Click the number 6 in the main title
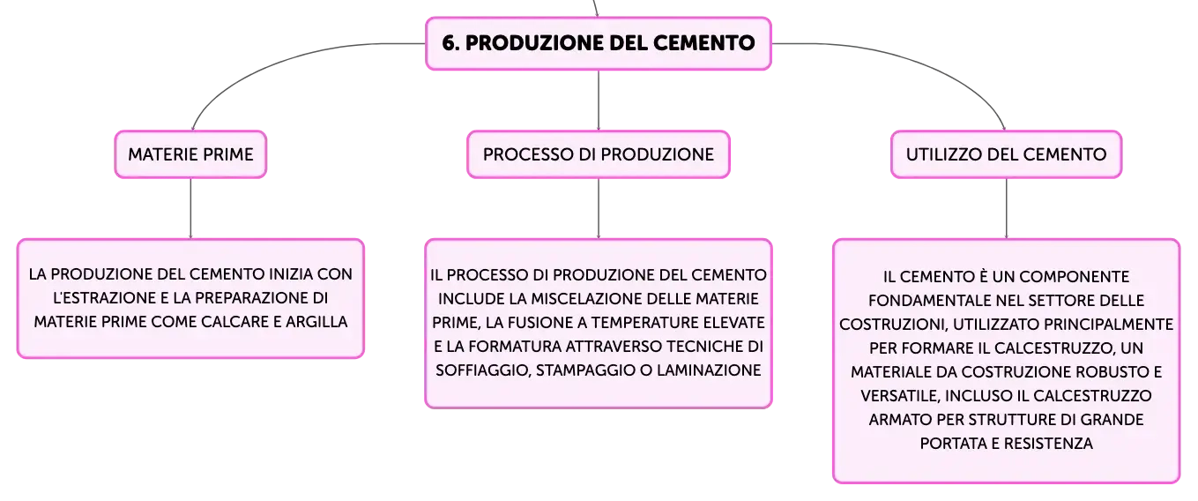[450, 43]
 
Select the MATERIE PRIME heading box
[190, 154]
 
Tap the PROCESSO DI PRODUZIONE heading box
[599, 154]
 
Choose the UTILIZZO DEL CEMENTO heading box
[1006, 154]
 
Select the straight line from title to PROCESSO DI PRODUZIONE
[599, 100]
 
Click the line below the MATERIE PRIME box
[190, 208]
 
